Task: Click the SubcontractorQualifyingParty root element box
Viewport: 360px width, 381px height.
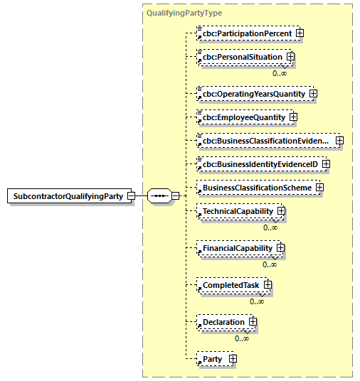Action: click(65, 196)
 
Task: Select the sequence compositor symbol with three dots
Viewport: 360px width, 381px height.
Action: click(159, 196)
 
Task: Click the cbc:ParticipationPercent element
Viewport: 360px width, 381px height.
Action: click(246, 33)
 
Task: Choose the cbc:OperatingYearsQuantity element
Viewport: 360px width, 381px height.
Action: click(253, 94)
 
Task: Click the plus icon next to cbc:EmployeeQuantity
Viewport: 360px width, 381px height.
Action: click(292, 117)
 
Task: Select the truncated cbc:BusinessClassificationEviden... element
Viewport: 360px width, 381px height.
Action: click(265, 141)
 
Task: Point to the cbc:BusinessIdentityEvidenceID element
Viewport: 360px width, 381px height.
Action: click(259, 164)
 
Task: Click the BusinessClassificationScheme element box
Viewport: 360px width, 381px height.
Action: click(257, 188)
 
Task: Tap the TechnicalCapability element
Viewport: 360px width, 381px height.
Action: click(237, 211)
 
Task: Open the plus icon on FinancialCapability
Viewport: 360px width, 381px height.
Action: click(280, 248)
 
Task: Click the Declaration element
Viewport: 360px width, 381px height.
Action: click(223, 322)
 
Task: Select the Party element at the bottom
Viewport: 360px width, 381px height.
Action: click(213, 359)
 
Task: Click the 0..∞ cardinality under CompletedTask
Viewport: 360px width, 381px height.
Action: click(257, 301)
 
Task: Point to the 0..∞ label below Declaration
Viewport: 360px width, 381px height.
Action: click(242, 338)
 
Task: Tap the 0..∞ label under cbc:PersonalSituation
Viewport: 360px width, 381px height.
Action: click(280, 73)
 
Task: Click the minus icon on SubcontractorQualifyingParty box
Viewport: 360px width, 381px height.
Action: click(131, 196)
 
